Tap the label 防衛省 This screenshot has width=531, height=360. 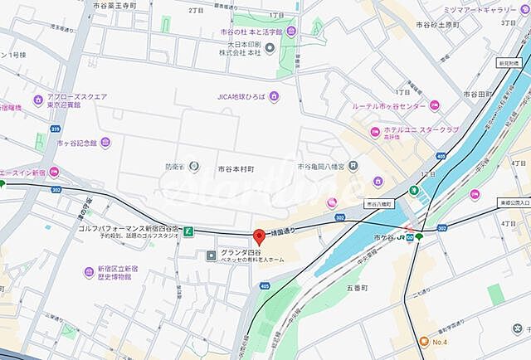point(173,167)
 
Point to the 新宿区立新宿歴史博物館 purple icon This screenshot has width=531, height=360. point(89,271)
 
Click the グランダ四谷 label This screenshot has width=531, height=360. point(241,252)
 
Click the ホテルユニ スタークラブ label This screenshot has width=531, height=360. point(420,130)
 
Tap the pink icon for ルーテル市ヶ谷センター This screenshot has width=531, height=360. point(434,105)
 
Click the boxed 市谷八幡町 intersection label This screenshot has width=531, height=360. point(382,203)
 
